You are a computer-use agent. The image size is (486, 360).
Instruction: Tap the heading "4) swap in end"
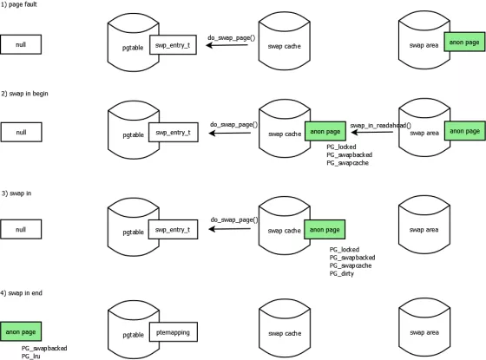[24, 292]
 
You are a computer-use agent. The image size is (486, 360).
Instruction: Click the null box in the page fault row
[21, 44]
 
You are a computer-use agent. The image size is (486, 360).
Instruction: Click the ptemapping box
[174, 331]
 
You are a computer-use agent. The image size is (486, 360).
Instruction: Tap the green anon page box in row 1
[463, 41]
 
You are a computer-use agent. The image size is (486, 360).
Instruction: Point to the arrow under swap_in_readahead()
[373, 134]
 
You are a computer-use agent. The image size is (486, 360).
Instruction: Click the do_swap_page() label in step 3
[233, 220]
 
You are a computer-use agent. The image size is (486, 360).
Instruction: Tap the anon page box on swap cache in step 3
[324, 230]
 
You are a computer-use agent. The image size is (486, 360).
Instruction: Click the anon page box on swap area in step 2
[463, 130]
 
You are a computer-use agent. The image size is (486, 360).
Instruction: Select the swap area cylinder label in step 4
[424, 332]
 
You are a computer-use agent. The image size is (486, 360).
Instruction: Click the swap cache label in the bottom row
[286, 332]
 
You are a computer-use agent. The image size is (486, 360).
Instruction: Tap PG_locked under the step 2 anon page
[341, 147]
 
